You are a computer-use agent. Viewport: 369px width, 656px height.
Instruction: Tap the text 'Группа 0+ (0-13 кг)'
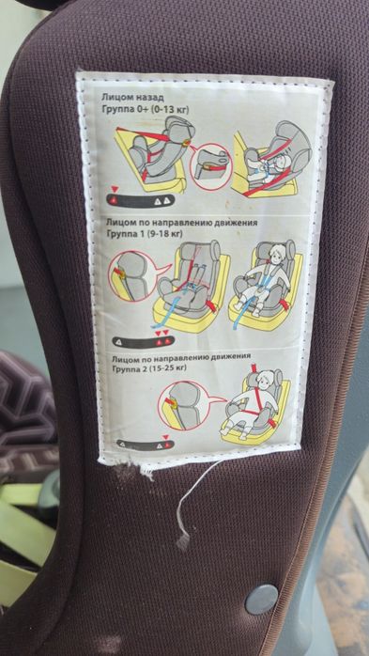(145, 110)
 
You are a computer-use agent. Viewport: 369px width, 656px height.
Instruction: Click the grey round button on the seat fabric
(262, 599)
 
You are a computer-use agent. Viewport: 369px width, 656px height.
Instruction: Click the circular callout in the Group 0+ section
(211, 166)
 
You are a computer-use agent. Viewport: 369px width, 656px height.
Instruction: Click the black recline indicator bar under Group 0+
(141, 200)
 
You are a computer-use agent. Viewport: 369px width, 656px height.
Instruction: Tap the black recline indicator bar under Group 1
(144, 341)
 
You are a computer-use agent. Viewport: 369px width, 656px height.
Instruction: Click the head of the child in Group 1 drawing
(274, 255)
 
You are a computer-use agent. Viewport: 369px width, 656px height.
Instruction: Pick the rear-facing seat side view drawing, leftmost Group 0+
(150, 156)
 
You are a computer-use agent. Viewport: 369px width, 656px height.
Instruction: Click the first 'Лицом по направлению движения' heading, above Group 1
(182, 222)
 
